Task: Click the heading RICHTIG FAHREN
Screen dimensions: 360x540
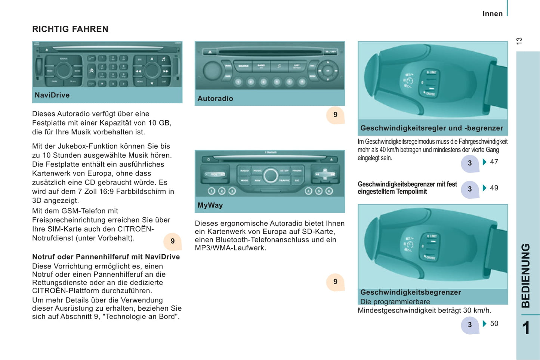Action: pyautogui.click(x=70, y=29)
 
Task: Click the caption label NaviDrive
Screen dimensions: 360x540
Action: pyautogui.click(x=52, y=95)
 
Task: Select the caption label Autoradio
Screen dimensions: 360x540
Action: pyautogui.click(x=215, y=99)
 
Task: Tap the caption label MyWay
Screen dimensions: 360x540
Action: pyautogui.click(x=210, y=205)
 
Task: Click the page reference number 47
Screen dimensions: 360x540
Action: pyautogui.click(x=494, y=162)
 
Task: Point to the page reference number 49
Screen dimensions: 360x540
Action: pyautogui.click(x=494, y=188)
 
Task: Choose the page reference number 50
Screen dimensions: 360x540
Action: pyautogui.click(x=494, y=324)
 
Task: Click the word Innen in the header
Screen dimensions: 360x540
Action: pyautogui.click(x=493, y=14)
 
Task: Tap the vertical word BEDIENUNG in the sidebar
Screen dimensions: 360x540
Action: pyautogui.click(x=526, y=276)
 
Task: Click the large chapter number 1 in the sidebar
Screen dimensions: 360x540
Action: pyautogui.click(x=526, y=328)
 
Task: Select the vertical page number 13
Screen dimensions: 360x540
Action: pyautogui.click(x=519, y=41)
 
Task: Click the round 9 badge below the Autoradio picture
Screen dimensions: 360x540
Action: pyautogui.click(x=335, y=115)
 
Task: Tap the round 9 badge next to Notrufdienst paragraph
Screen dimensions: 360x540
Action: pyautogui.click(x=173, y=241)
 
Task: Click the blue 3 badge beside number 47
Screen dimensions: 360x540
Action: pyautogui.click(x=470, y=163)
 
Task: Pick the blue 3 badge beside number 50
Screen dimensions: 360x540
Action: pyautogui.click(x=470, y=325)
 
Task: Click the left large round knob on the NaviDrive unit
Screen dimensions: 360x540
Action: pyautogui.click(x=64, y=70)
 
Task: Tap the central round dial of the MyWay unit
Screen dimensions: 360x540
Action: pyautogui.click(x=270, y=176)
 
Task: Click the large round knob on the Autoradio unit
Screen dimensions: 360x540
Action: pyautogui.click(x=212, y=70)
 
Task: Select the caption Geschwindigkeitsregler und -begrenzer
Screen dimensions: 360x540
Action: pyautogui.click(x=432, y=128)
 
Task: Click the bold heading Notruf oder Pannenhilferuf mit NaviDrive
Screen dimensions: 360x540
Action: pyautogui.click(x=106, y=257)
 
